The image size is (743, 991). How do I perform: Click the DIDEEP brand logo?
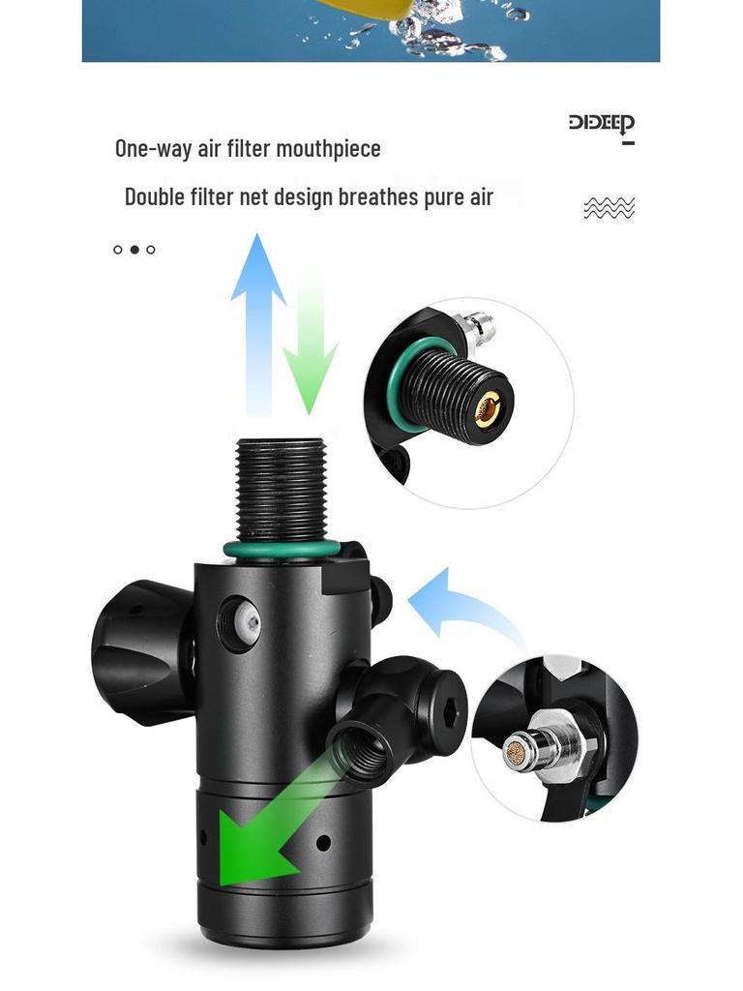coord(601,124)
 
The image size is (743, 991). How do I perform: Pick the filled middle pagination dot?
coord(134,250)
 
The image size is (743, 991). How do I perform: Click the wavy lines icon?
coord(609,207)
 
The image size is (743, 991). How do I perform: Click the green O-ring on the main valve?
coord(281,550)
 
